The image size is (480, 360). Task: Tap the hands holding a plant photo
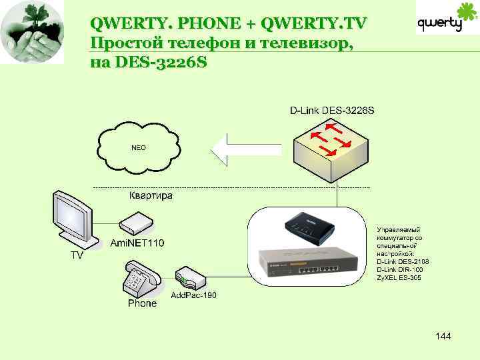(x=33, y=33)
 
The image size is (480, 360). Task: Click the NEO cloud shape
(x=138, y=147)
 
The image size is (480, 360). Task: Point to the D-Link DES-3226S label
(x=332, y=109)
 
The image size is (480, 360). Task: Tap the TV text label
(x=79, y=255)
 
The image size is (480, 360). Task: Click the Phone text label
(x=142, y=303)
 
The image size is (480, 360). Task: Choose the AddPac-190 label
(x=194, y=295)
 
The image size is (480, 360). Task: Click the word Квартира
(x=151, y=196)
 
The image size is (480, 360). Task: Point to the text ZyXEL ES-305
(x=399, y=277)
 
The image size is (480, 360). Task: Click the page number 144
(x=443, y=336)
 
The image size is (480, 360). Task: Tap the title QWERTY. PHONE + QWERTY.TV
(x=228, y=24)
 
